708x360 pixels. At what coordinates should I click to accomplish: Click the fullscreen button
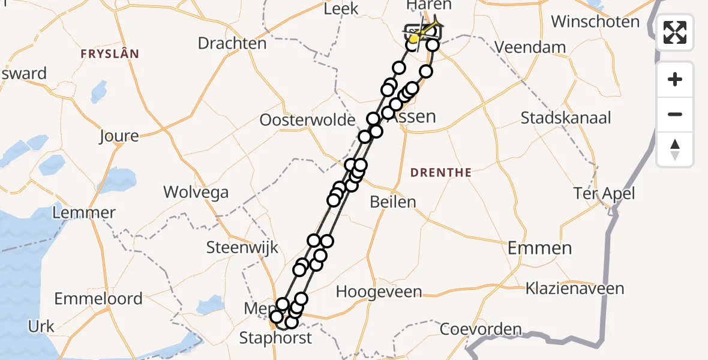point(675,32)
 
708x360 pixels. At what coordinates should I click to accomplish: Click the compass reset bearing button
point(675,149)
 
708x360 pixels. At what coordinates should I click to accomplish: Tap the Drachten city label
point(232,43)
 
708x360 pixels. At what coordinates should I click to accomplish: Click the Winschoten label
point(595,22)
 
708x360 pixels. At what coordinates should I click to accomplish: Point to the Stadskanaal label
point(566,118)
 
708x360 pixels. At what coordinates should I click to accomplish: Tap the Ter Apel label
point(604,193)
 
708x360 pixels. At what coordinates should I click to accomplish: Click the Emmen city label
point(539,247)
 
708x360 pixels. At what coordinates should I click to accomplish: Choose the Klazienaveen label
point(575,289)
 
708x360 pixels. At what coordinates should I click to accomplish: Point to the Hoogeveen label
point(379,292)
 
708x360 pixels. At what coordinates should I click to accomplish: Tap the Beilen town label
point(393,202)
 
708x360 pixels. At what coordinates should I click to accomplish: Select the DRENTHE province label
point(441,173)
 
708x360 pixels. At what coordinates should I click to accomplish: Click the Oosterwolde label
point(307,120)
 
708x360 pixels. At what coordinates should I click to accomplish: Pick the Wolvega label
point(196,193)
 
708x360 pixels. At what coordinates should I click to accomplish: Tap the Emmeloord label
point(98,298)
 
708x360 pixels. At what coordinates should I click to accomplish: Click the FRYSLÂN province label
point(110,54)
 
